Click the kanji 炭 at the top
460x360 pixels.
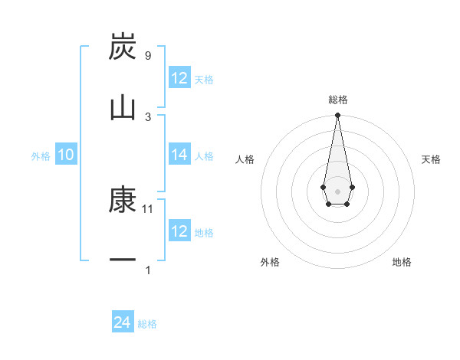tap(123, 47)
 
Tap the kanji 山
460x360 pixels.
tap(123, 107)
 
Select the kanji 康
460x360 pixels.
tap(123, 201)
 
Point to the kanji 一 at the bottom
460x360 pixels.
tap(123, 261)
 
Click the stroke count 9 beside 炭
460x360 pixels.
tap(148, 56)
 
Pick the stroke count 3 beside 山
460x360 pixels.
tap(148, 116)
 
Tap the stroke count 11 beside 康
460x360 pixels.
tap(149, 208)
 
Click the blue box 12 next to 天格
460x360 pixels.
tap(179, 78)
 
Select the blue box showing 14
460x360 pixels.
tap(179, 155)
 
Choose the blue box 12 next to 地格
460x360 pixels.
tap(179, 231)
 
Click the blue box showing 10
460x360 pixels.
tap(66, 155)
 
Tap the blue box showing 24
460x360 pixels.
tap(123, 322)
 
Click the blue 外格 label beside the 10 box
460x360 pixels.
tap(41, 155)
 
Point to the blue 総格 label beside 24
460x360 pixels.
tap(147, 324)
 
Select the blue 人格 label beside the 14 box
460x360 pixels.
tap(204, 155)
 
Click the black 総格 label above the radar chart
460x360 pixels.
tap(337, 100)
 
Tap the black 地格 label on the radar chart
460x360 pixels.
tap(402, 262)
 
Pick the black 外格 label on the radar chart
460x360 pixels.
tap(270, 262)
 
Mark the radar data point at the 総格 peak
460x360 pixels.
tap(337, 115)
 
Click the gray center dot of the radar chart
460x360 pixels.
tap(337, 191)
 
